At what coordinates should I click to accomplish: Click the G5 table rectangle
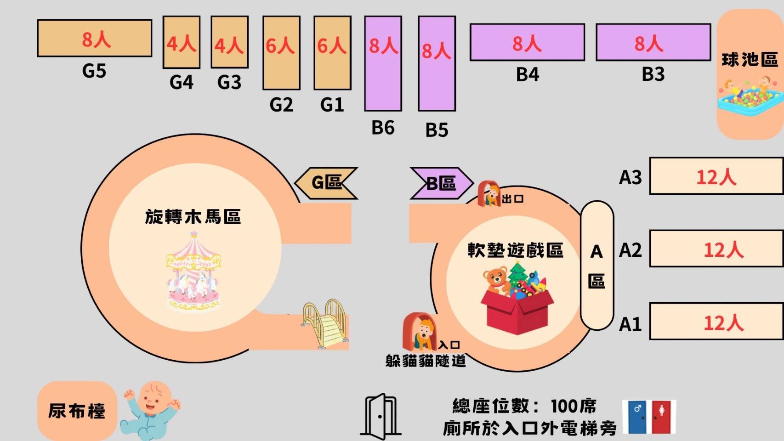pos(94,38)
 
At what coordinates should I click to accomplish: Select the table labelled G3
pos(229,42)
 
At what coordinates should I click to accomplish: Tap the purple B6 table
pos(383,63)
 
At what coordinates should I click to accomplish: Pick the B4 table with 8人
pos(527,42)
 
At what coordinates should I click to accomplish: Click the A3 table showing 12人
pos(716,176)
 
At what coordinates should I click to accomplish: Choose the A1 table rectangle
pos(716,322)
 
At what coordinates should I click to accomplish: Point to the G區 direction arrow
pos(326,183)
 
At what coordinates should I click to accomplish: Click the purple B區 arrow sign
pos(440,183)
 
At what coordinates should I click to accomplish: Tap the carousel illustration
pos(193,273)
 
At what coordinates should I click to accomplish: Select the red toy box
pos(517,310)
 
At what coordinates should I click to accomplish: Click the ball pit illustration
pos(749,100)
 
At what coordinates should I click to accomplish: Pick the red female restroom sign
pos(662,416)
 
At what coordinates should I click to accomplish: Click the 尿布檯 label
pos(77,410)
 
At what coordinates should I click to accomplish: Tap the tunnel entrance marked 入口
pos(419,332)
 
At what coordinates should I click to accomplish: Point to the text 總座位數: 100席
pos(524,406)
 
